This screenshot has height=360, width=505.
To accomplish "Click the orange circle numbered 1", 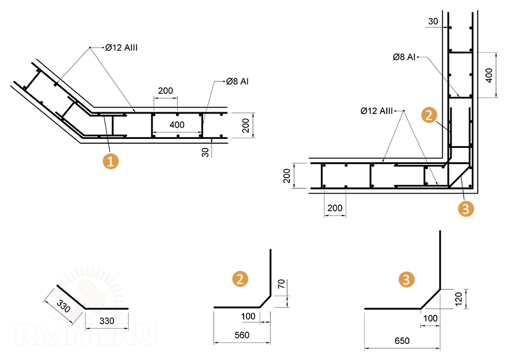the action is (x=111, y=161).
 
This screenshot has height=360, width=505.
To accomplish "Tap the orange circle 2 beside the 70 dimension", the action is (x=240, y=279).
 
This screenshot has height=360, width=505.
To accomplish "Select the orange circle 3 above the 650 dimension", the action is (x=406, y=279).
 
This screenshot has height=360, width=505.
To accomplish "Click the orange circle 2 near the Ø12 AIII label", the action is (x=430, y=115).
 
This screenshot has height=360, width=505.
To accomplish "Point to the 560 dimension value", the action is (x=242, y=335).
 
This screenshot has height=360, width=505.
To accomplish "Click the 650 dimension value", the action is (x=402, y=340).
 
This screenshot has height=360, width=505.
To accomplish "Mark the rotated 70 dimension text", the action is (x=282, y=284).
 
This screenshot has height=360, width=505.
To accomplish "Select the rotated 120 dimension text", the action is (x=458, y=299).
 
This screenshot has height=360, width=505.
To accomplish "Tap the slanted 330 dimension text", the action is (x=63, y=306).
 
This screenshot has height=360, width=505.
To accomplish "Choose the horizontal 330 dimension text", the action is (x=106, y=321).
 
